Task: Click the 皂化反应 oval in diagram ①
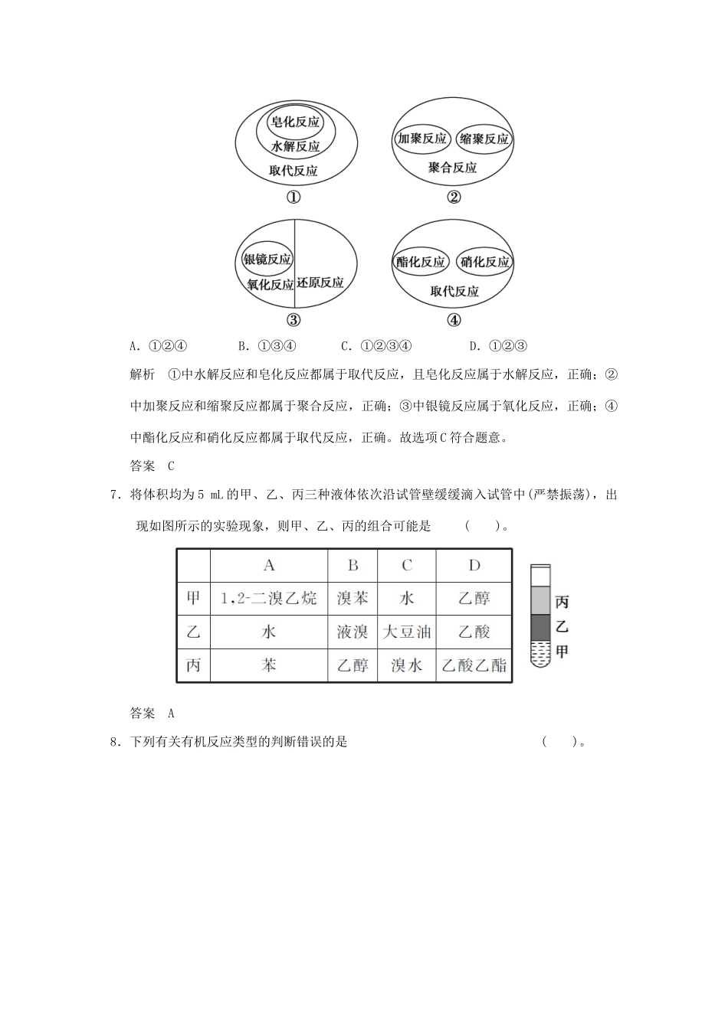pos(296,122)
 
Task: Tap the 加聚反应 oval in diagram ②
pos(421,139)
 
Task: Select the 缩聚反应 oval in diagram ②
pos(484,139)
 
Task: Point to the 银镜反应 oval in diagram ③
pos(267,260)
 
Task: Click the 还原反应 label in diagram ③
pos(320,283)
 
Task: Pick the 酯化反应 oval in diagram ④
pos(421,262)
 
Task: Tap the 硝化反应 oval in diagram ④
pos(484,262)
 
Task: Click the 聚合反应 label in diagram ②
pos(452,168)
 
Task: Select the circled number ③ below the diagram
pos(293,320)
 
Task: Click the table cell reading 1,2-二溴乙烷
pos(268,598)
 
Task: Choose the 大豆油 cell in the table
pos(407,632)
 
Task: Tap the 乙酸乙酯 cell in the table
pos(474,665)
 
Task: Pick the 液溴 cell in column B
pos(353,632)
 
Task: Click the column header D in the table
pos(474,565)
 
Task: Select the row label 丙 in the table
pos(193,665)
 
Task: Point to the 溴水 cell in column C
pos(407,665)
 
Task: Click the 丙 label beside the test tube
pos(562,603)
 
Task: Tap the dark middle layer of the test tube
pos(540,628)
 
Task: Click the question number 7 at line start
pos(114,495)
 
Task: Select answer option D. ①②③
pos(499,346)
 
